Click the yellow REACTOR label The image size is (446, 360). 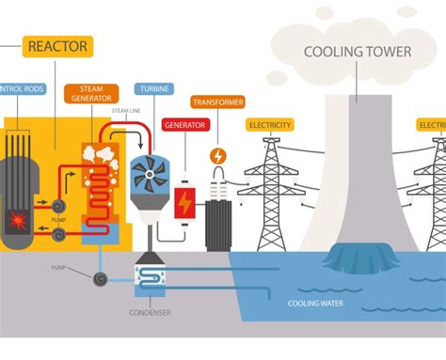(x=57, y=45)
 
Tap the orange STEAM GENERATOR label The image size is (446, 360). (x=92, y=94)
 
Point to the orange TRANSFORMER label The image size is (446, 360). (x=217, y=102)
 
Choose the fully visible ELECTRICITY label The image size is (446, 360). (x=270, y=124)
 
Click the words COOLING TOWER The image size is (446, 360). (x=357, y=51)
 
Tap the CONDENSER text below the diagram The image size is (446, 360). (x=150, y=314)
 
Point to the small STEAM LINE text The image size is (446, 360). (x=126, y=112)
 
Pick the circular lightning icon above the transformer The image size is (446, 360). (x=218, y=155)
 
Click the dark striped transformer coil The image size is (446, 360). (x=218, y=225)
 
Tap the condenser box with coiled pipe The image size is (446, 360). (x=150, y=276)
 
